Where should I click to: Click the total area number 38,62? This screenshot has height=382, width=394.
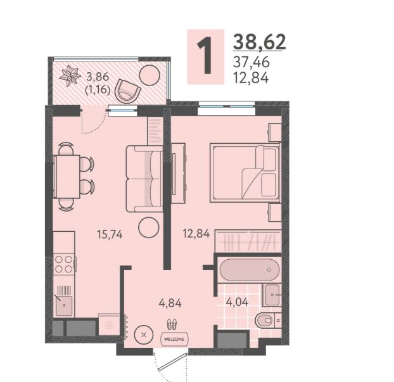pos(260,42)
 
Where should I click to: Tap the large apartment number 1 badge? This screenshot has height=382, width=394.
pos(205,56)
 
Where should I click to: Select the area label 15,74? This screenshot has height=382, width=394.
pos(110,234)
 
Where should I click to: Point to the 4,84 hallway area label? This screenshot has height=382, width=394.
pos(170,303)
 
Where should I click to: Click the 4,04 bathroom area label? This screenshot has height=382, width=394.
pos(237,302)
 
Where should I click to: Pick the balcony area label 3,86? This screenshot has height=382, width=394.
pos(98,77)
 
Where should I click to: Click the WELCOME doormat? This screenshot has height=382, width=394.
pos(174,339)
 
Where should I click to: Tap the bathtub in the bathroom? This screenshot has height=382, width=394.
pos(250,270)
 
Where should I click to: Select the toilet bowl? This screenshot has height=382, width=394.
pos(265,320)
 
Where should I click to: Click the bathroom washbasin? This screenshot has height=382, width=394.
pos(272,295)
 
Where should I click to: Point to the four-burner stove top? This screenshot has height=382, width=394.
pos(64,264)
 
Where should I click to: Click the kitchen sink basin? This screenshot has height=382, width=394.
pos(64,305)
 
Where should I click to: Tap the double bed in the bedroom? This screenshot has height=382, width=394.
pos(245,172)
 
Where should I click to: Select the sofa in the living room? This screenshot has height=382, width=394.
pos(144,179)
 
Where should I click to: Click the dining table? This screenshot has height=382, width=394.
pos(67,176)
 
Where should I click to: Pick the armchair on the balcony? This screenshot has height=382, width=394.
pos(127,91)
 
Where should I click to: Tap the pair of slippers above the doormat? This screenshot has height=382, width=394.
pos(172,324)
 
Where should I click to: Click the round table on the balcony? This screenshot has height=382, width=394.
pos(149,75)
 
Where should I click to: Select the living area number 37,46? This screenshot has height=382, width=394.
pos(251,62)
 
